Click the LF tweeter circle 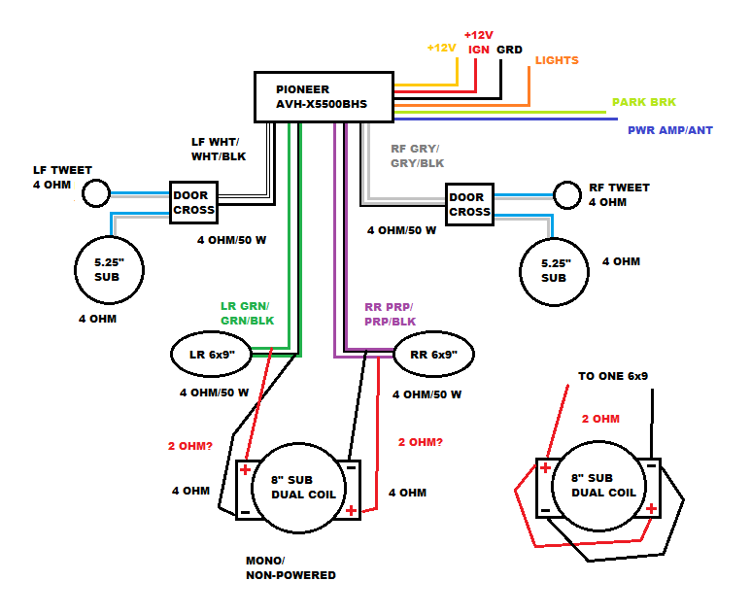[x=95, y=194]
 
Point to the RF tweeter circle [x=566, y=195]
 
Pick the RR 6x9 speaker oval [x=433, y=355]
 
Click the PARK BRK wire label [x=644, y=102]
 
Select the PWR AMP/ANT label [x=670, y=129]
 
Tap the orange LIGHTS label [x=557, y=60]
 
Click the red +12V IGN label [x=479, y=41]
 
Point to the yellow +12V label [x=441, y=48]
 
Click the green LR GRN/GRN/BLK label [x=247, y=313]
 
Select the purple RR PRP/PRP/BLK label [x=389, y=314]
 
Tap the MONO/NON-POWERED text [x=290, y=568]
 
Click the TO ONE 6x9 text [x=613, y=375]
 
